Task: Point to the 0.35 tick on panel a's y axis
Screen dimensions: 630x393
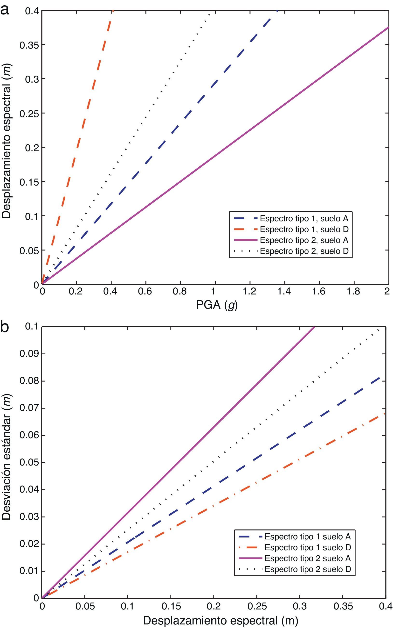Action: click(29, 45)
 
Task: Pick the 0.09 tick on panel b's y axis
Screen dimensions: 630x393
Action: click(29, 354)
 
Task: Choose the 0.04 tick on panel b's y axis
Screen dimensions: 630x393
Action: click(29, 490)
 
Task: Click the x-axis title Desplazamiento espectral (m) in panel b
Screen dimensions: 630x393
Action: click(221, 621)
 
